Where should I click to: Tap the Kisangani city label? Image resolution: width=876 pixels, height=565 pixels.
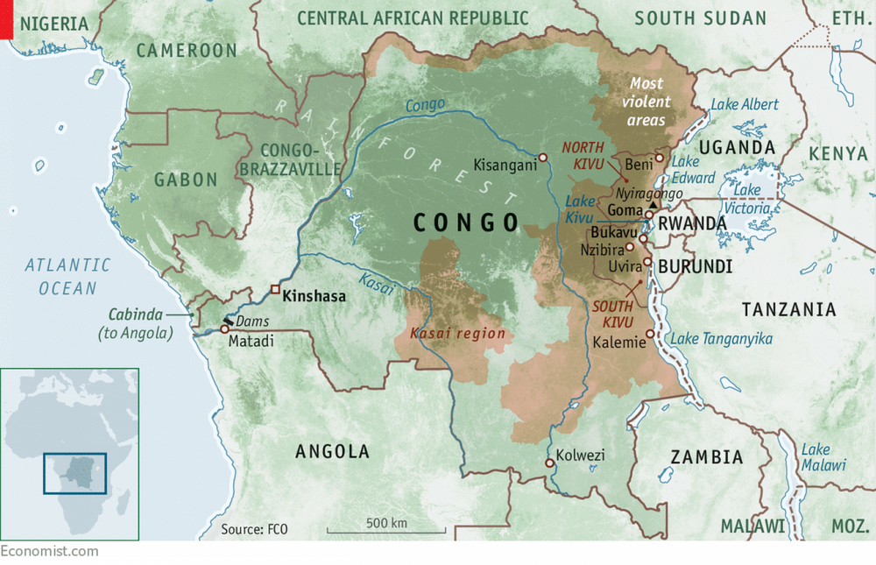pos(504,164)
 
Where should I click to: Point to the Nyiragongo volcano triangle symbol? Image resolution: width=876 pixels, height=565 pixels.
pos(651,203)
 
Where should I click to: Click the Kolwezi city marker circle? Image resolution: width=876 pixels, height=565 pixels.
pos(549,463)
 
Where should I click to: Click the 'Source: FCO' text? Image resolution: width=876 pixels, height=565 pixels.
pos(254,529)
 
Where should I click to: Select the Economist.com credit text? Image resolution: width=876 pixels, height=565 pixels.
pos(49,551)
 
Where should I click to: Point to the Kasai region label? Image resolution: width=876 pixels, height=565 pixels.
pos(457,334)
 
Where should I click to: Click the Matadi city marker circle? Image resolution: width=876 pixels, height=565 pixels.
pos(225,328)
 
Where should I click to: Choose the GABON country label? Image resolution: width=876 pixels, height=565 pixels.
pos(186,180)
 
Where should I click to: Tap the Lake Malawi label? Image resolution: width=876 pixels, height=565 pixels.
pos(824,457)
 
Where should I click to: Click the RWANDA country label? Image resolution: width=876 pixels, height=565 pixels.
pos(692,223)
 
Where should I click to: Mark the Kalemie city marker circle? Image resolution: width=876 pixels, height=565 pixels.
pos(649,333)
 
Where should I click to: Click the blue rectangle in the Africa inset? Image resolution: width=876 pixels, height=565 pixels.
pos(75,473)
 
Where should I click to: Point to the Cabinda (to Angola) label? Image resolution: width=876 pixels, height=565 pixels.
pos(141,324)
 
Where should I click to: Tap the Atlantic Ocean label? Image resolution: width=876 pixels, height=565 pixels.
pos(67,276)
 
